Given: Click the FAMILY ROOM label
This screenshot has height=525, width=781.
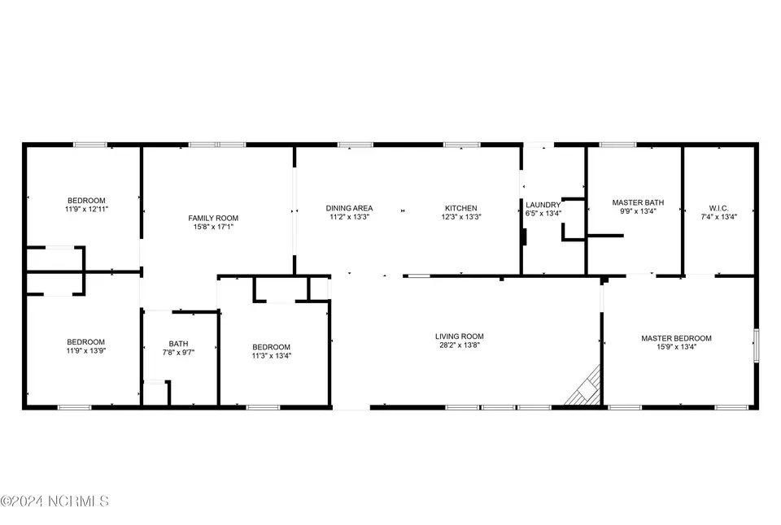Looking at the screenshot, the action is [213, 218].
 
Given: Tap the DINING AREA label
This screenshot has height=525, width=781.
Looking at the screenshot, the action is [349, 208].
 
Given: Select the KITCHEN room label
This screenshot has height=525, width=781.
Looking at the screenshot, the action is [460, 208].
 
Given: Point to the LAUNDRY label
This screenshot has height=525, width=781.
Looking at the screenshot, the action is [543, 205].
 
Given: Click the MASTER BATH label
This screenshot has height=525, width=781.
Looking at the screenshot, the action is [638, 202].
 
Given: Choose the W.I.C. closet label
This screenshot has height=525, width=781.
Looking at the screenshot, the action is [718, 209].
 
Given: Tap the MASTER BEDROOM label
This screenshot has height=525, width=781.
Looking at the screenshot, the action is [676, 338].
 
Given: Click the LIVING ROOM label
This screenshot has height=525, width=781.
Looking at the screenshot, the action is [459, 336].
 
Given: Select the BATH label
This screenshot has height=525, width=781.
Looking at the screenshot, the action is [178, 344].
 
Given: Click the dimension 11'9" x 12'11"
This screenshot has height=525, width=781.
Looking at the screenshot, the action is [86, 210].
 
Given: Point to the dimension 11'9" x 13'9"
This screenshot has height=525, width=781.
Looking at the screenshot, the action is [85, 351].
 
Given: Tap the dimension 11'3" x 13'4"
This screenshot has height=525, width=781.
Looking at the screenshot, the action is [271, 356].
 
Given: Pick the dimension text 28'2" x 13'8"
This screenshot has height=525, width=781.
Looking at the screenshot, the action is [459, 345].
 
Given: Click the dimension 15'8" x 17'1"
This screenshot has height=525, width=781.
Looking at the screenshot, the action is [213, 227].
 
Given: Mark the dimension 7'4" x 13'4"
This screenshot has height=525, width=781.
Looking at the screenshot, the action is [718, 217].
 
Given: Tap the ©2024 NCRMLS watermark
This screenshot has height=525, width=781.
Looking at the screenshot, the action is [55, 501].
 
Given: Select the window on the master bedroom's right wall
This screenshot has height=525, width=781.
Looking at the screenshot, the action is [756, 345].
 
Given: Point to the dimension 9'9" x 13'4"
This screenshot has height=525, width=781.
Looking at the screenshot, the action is [638, 211].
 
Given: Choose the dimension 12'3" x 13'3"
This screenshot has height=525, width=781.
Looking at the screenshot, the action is [460, 217].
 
